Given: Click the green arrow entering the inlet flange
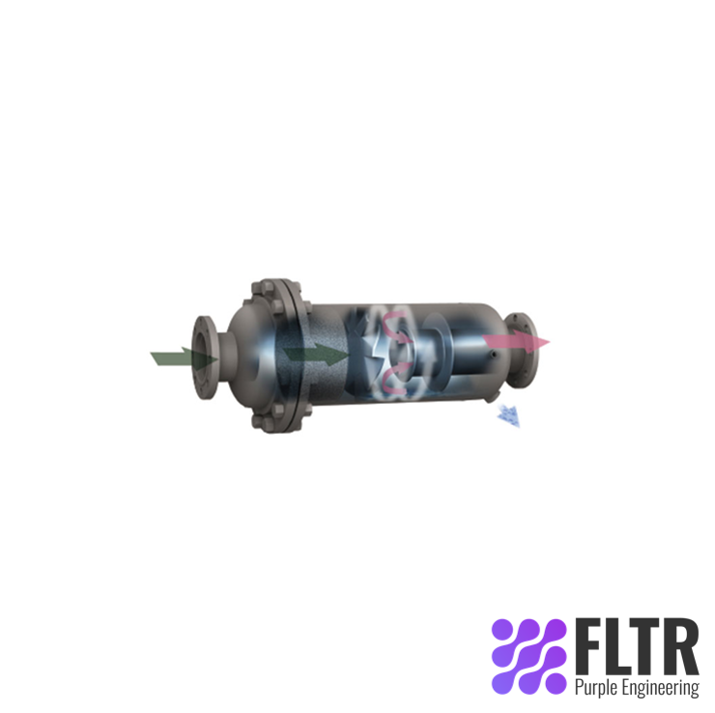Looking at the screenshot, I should point(179,358).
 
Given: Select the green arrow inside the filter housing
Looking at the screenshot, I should point(315,354).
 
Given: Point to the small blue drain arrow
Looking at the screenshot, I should point(506,415).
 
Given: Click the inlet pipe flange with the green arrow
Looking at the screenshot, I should point(206,357).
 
